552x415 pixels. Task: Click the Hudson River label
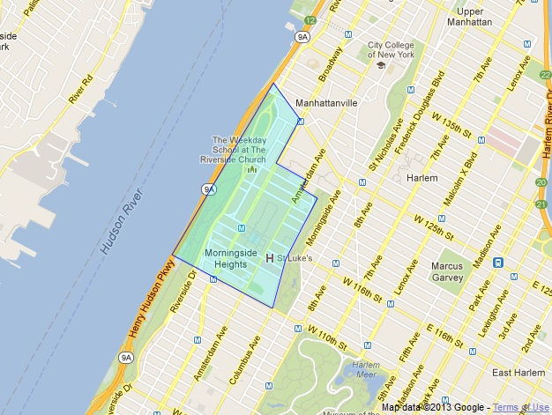click(x=121, y=220)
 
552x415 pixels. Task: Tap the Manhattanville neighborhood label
click(x=326, y=103)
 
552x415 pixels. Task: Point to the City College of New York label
click(x=379, y=49)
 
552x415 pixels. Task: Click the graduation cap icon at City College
click(x=380, y=65)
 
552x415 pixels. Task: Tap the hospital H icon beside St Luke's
click(x=270, y=258)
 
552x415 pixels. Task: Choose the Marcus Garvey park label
click(x=447, y=271)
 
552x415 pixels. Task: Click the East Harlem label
click(x=518, y=373)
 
